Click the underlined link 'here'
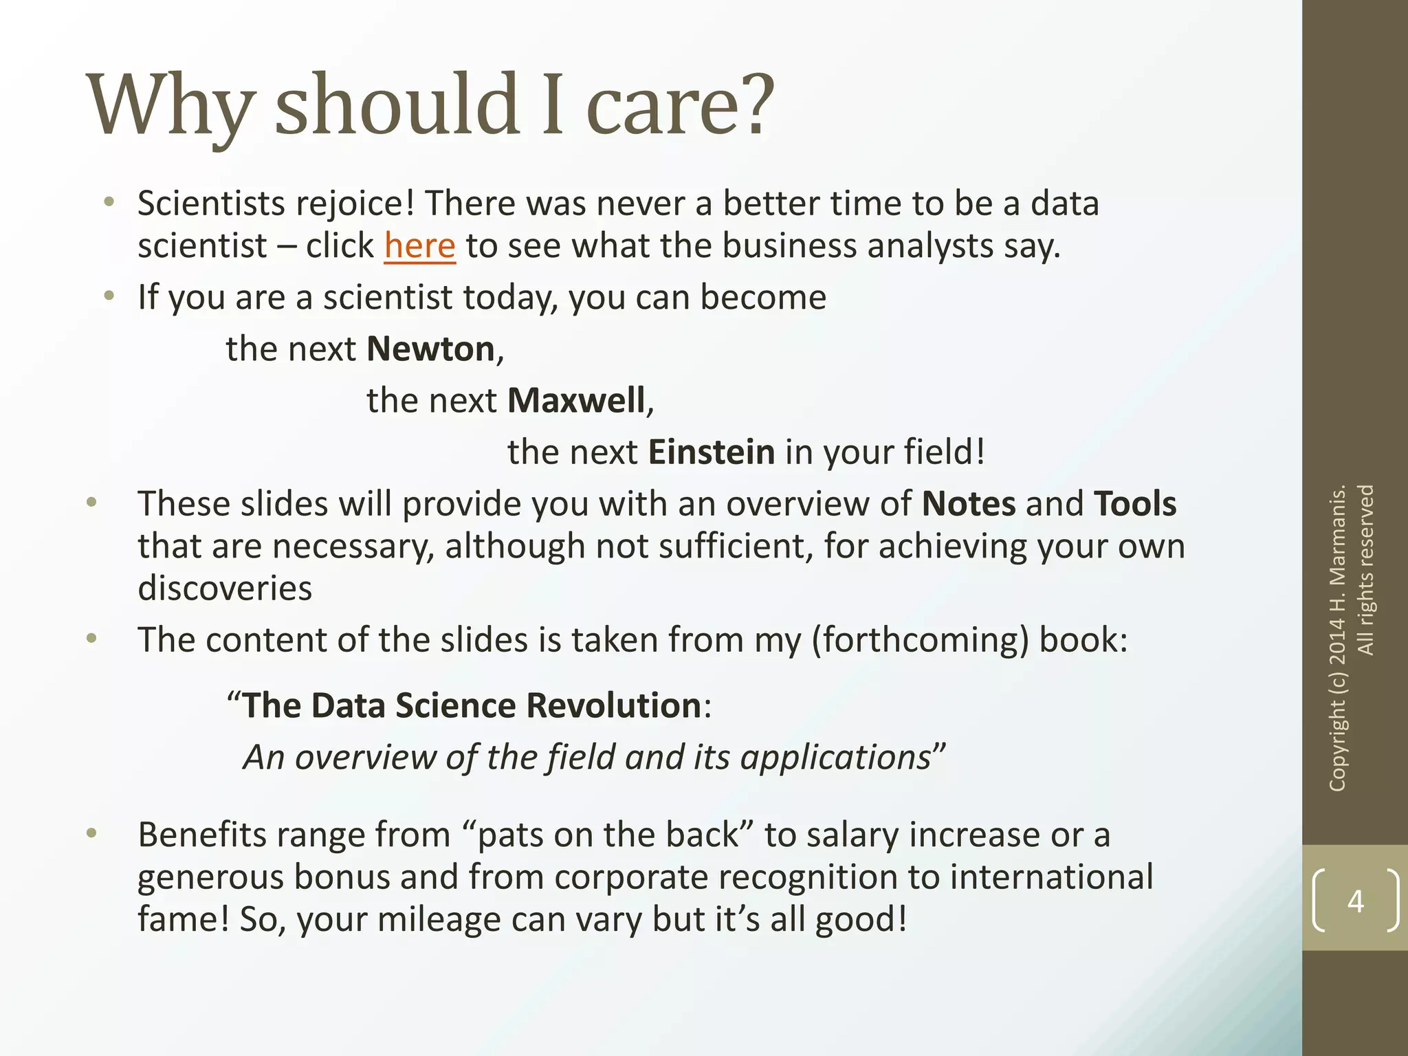coord(419,246)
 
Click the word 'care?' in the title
coord(680,104)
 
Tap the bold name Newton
coord(430,349)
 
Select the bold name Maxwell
coord(576,401)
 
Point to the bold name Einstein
coord(712,452)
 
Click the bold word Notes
coord(968,504)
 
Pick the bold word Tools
coord(1134,504)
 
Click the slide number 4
coord(1355,901)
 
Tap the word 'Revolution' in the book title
coord(613,706)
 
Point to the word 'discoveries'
coord(225,588)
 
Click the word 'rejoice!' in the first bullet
coord(351,204)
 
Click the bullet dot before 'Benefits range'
coord(91,834)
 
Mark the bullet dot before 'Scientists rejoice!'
coord(109,202)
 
